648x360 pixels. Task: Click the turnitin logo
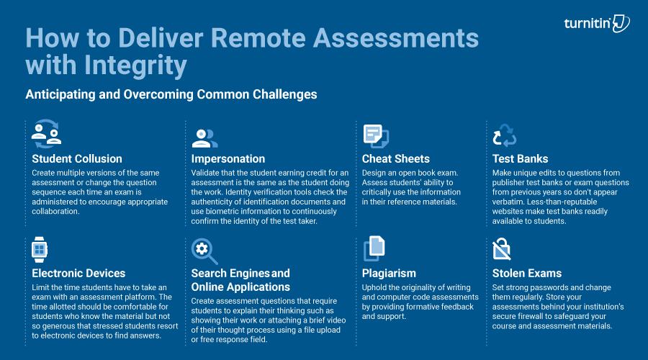597,24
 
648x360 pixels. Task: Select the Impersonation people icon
204,137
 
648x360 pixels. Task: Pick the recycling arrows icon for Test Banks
505,136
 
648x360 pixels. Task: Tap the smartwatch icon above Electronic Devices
39,250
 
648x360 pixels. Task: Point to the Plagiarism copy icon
374,250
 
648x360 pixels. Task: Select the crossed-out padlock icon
502,250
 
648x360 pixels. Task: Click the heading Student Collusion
77,158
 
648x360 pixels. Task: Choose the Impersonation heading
228,158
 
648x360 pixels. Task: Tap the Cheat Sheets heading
396,158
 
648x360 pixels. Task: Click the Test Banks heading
520,158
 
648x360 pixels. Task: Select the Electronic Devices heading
78,274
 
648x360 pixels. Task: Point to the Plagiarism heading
390,274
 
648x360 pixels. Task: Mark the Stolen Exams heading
527,274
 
